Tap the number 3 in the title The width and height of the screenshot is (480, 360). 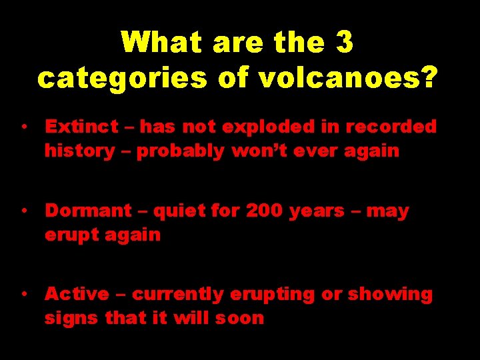pos(345,43)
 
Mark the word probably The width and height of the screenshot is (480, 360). pos(181,151)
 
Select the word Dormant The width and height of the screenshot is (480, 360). pos(88,211)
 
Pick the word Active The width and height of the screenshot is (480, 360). pos(77,294)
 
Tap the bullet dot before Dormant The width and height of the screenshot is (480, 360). pos(23,211)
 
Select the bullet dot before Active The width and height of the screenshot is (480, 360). pos(23,293)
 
